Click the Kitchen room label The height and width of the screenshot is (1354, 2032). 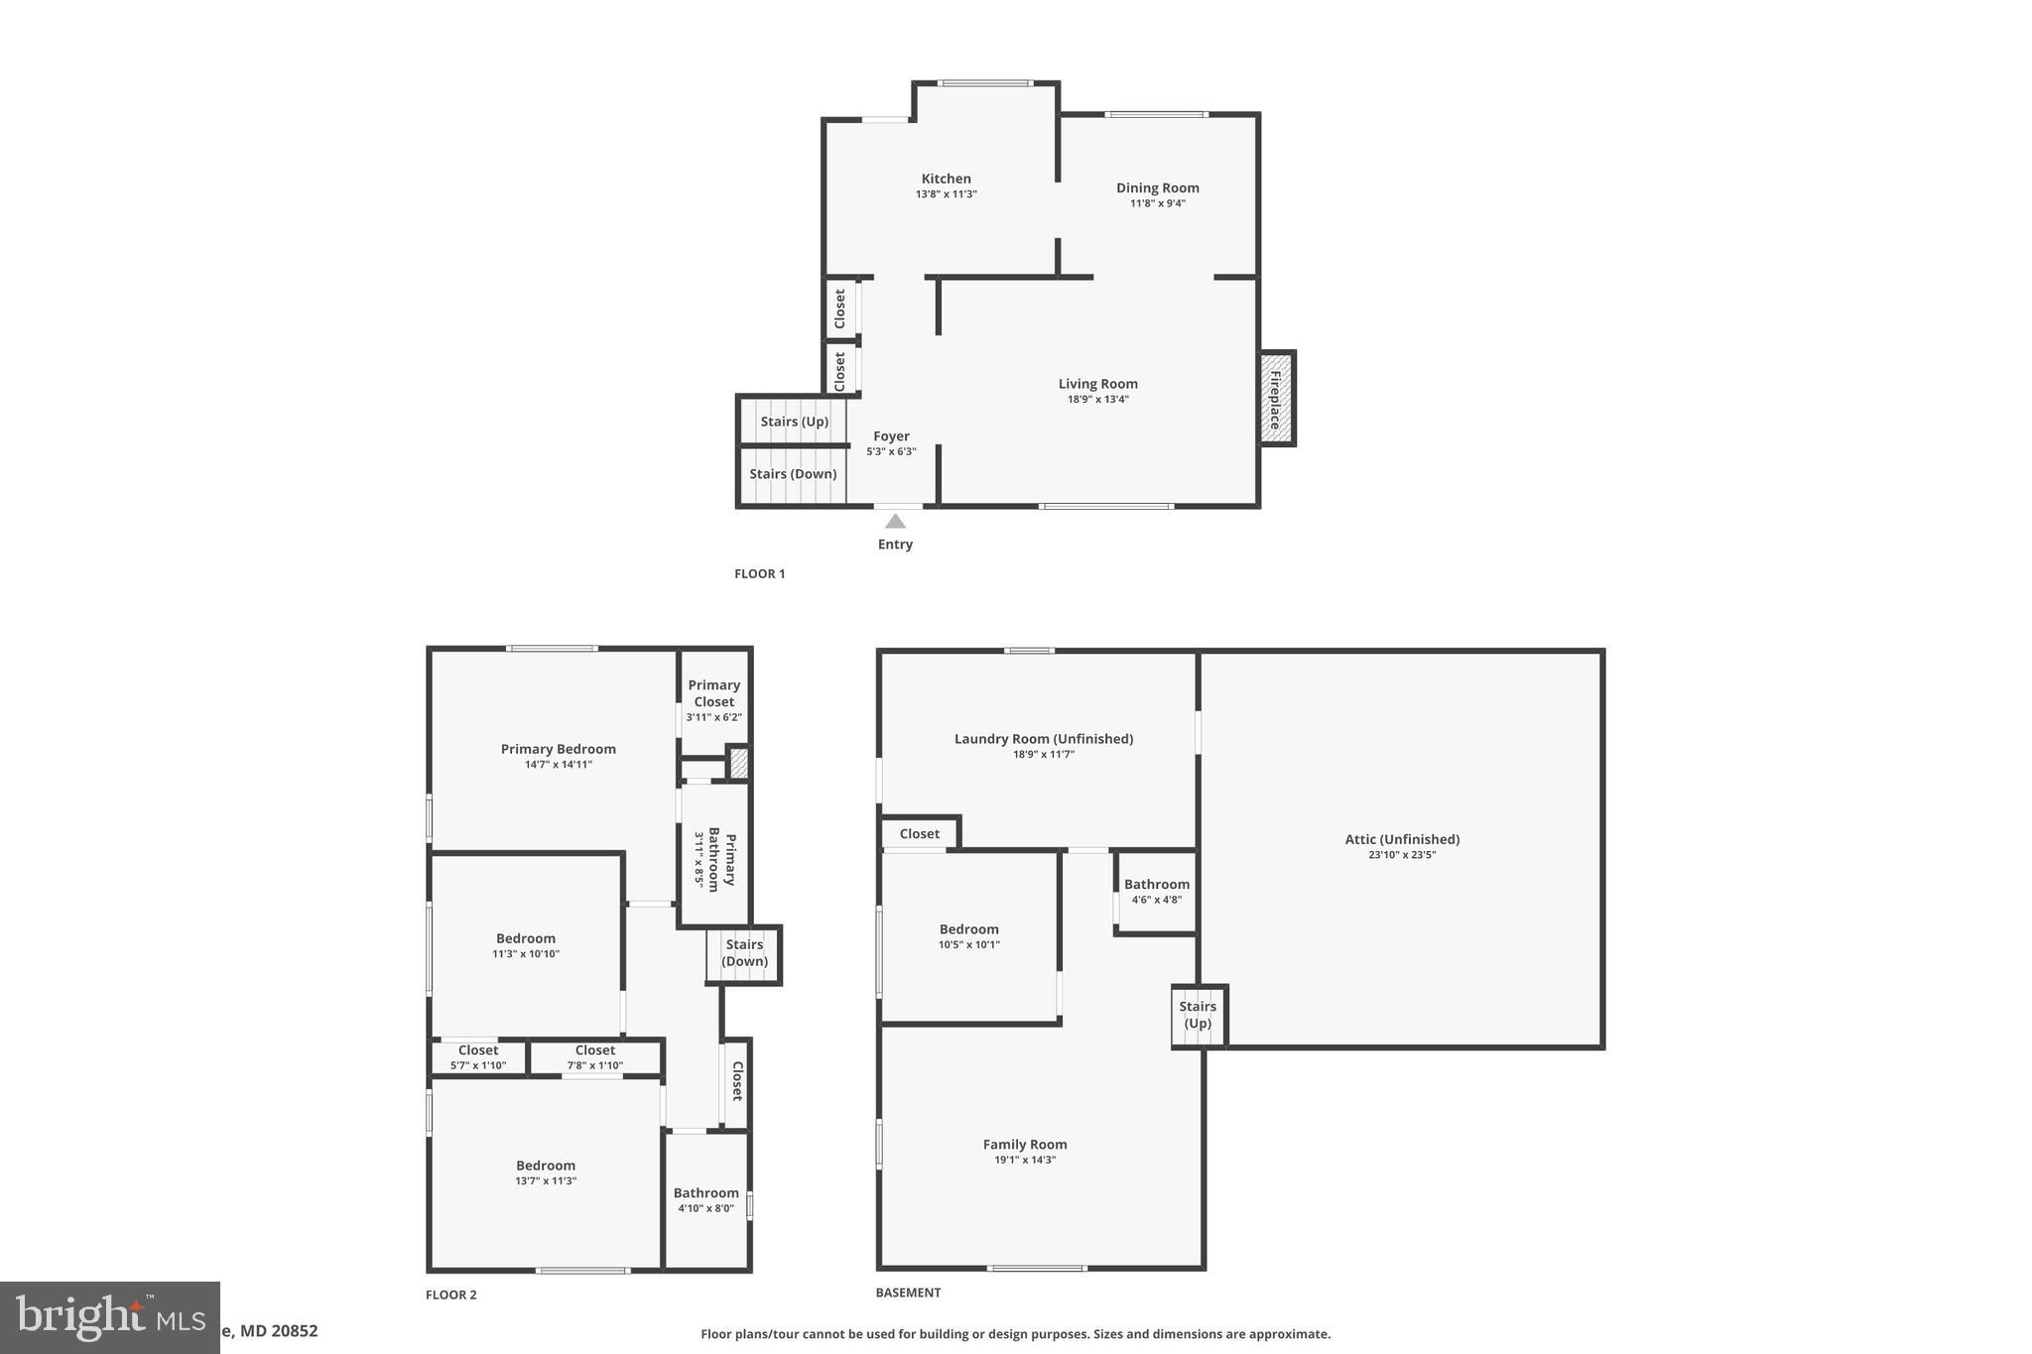[x=946, y=180]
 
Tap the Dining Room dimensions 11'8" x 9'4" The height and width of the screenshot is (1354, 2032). [x=1157, y=203]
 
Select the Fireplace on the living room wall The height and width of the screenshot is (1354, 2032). [x=1276, y=399]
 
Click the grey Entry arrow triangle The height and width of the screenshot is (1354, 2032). [x=895, y=522]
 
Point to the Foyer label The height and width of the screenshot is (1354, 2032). [x=891, y=436]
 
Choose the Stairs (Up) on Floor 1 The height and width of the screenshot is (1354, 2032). [x=794, y=422]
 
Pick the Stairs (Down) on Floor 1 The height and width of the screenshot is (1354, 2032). [x=792, y=474]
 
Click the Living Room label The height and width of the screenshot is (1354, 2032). [x=1097, y=384]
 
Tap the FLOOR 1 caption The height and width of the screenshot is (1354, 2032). [x=759, y=573]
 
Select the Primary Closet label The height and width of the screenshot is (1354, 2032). [x=713, y=693]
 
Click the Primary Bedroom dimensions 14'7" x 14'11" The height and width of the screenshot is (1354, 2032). [x=558, y=765]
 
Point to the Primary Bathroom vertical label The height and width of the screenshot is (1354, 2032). [x=721, y=860]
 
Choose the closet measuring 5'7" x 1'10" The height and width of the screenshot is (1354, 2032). [x=478, y=1057]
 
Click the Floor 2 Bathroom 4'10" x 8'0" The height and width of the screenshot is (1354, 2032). [x=705, y=1200]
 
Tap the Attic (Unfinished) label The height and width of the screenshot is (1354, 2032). [x=1401, y=839]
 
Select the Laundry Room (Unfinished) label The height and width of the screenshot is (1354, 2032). [x=1043, y=739]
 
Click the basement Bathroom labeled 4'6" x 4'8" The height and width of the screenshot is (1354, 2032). [x=1156, y=892]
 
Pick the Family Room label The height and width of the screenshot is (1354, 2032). [x=1024, y=1145]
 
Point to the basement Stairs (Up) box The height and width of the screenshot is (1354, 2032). [x=1198, y=1015]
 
